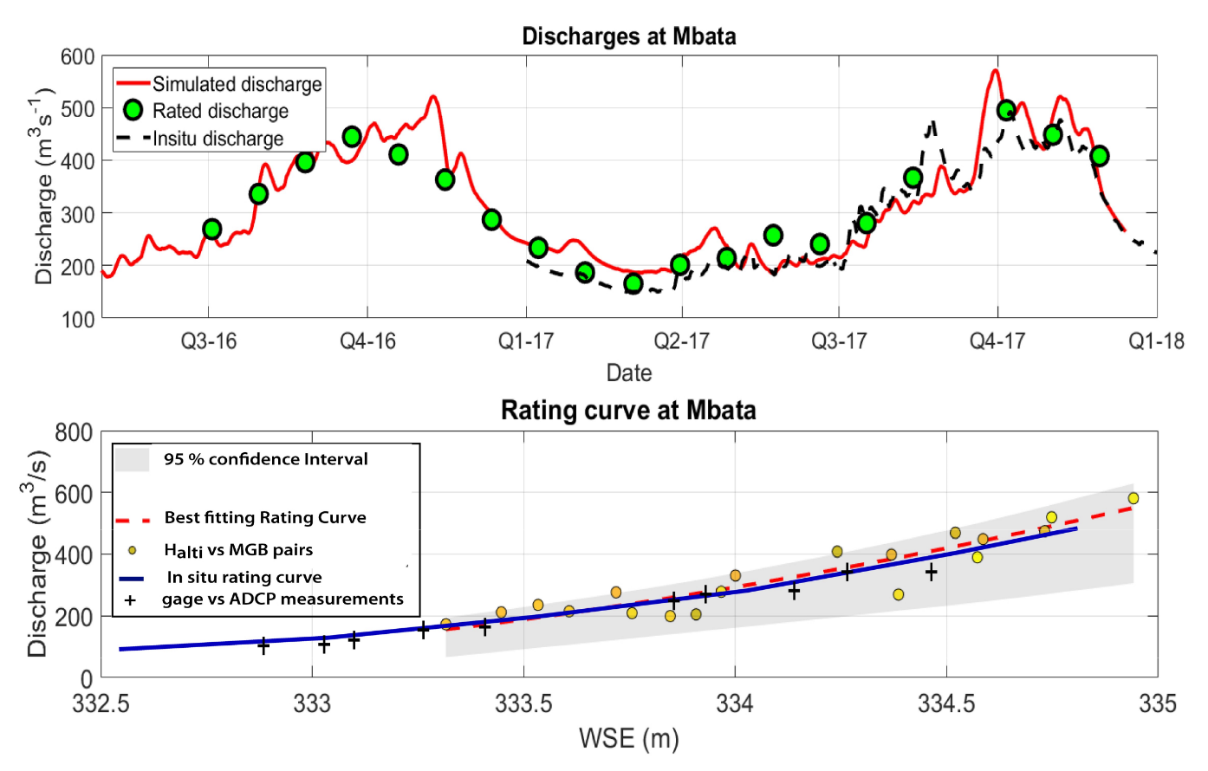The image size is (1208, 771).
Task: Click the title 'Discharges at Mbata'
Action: pyautogui.click(x=628, y=36)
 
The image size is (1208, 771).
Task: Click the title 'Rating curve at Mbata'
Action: pyautogui.click(x=628, y=410)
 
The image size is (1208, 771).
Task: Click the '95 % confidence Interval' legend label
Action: pyautogui.click(x=266, y=459)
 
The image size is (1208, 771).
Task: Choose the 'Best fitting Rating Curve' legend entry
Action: pyautogui.click(x=265, y=518)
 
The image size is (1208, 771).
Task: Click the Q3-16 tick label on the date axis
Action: pyautogui.click(x=209, y=342)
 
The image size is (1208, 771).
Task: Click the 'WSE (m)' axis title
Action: pyautogui.click(x=628, y=739)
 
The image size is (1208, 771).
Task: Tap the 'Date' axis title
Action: pyautogui.click(x=629, y=373)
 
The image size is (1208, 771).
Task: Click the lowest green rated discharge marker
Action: pyautogui.click(x=633, y=283)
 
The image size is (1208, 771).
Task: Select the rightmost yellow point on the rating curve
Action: pyautogui.click(x=1133, y=498)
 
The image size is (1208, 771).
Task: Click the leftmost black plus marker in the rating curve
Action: pyautogui.click(x=263, y=645)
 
